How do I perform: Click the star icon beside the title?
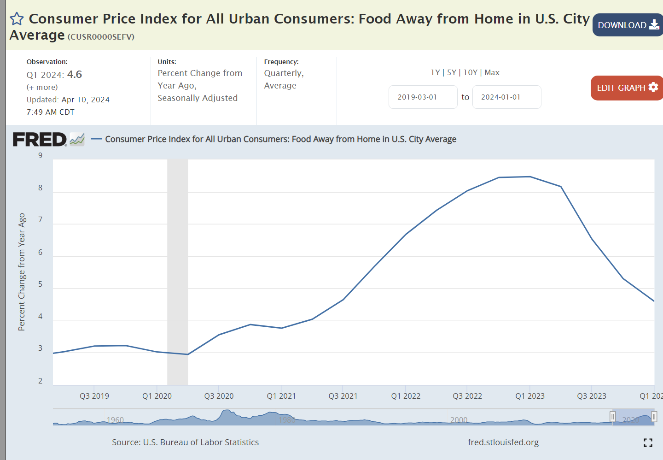point(17,19)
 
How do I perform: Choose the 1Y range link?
point(435,72)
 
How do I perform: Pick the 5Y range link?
point(451,72)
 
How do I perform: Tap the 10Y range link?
point(470,72)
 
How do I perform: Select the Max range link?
point(492,72)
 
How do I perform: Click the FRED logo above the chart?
point(40,139)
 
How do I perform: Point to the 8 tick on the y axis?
point(41,188)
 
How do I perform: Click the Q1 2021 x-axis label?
point(281,396)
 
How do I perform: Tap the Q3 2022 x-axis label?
point(467,396)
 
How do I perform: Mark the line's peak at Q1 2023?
point(530,177)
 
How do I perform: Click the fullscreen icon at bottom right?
point(648,442)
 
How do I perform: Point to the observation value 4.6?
point(75,74)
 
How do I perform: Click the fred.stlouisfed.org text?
point(503,442)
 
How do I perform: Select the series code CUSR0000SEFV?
point(101,37)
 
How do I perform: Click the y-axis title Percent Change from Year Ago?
point(22,272)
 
